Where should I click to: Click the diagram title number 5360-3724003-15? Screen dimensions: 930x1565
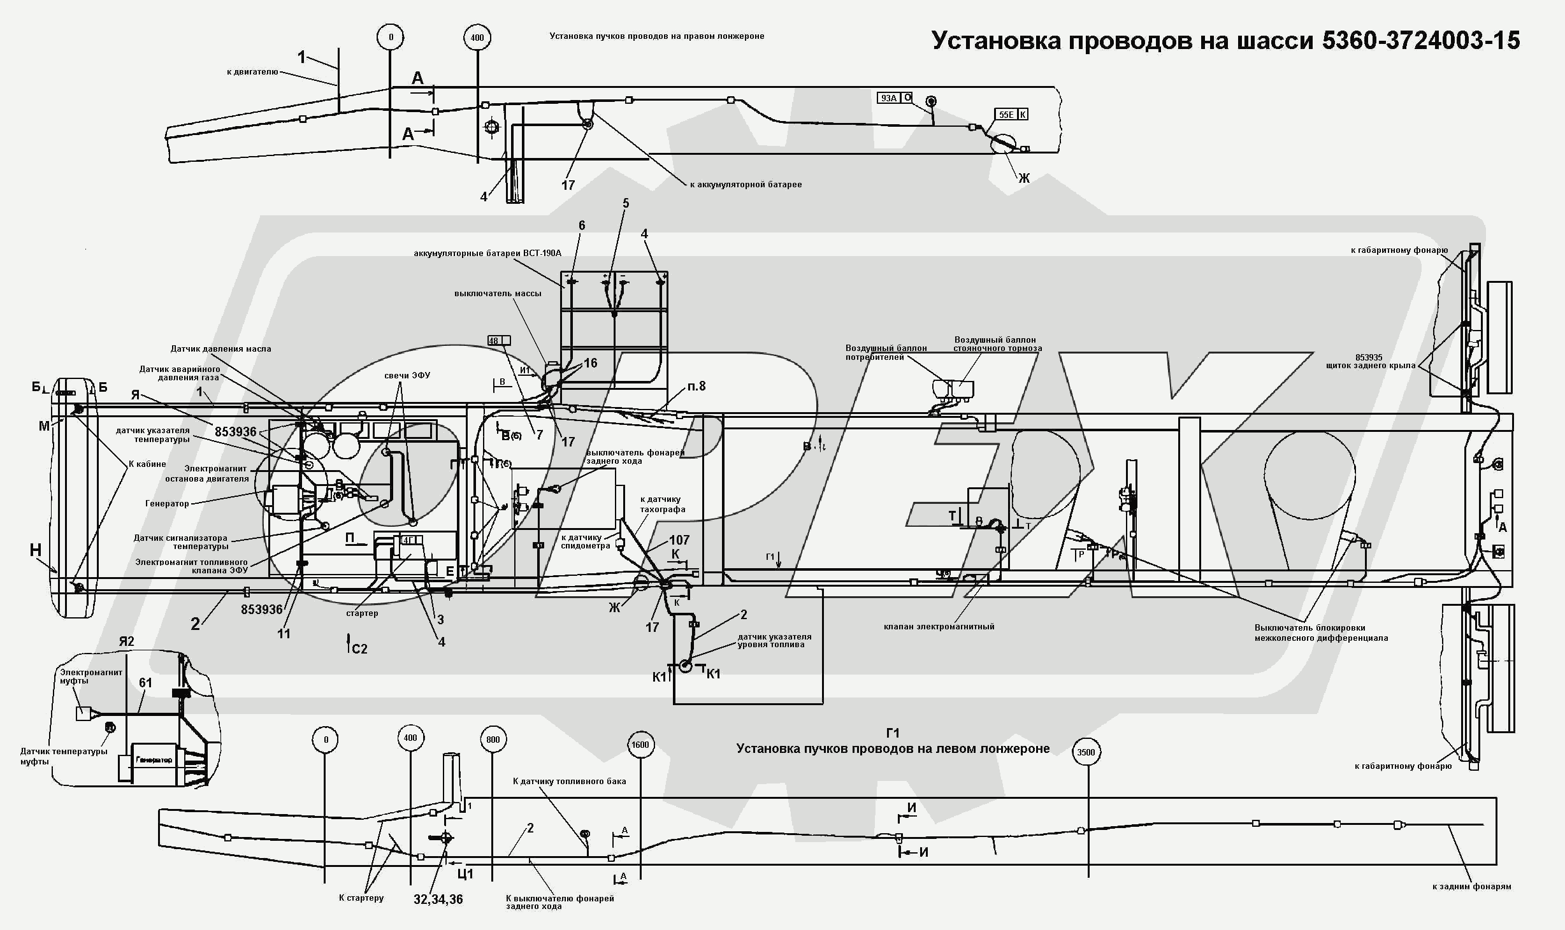click(x=1421, y=41)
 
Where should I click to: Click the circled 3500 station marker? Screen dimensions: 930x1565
click(x=1086, y=752)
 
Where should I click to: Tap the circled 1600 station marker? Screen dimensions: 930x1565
click(x=640, y=745)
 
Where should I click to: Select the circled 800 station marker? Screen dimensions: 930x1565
click(x=493, y=740)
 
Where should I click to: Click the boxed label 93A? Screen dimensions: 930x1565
click(x=889, y=98)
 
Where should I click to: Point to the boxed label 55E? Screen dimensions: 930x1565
click(x=1006, y=115)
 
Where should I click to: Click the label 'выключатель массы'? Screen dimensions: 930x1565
click(x=498, y=294)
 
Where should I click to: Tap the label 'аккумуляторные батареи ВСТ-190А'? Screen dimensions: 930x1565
click(x=487, y=254)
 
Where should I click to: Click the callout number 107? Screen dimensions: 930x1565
click(x=679, y=540)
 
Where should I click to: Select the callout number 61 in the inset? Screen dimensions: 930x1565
click(x=145, y=683)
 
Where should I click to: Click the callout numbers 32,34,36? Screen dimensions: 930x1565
click(x=438, y=899)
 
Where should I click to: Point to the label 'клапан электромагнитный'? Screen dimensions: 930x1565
click(x=939, y=626)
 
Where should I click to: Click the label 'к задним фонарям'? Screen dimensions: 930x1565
click(x=1471, y=886)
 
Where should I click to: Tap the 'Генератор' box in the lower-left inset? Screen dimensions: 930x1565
click(x=154, y=761)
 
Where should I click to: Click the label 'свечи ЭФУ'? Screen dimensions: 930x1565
click(x=407, y=375)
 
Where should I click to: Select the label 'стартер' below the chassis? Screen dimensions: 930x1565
click(x=362, y=613)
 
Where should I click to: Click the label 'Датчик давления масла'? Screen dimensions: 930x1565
click(x=220, y=349)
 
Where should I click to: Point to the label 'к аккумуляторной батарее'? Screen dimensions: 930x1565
click(x=746, y=185)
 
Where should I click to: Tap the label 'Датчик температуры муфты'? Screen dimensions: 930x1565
click(x=64, y=756)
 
